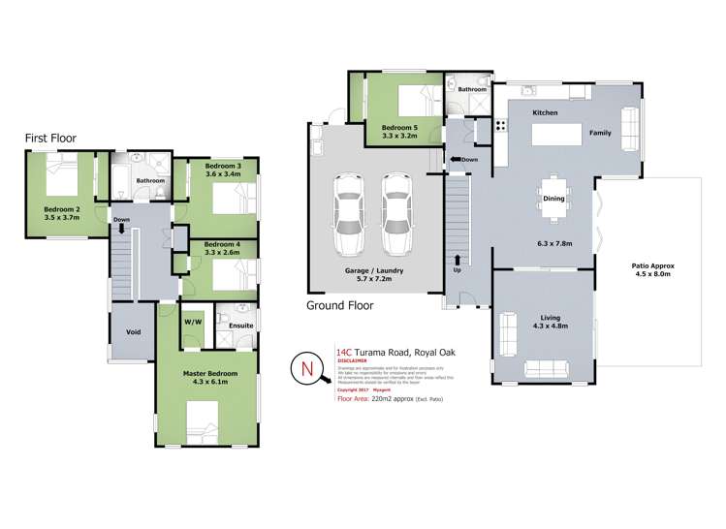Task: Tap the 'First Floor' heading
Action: [50, 139]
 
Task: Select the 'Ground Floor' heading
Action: [340, 304]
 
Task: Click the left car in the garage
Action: [345, 212]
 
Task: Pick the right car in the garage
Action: [395, 212]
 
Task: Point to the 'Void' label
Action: [134, 331]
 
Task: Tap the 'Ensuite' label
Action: [241, 326]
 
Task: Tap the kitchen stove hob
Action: [501, 125]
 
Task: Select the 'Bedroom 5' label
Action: [400, 128]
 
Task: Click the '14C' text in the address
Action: [343, 354]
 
